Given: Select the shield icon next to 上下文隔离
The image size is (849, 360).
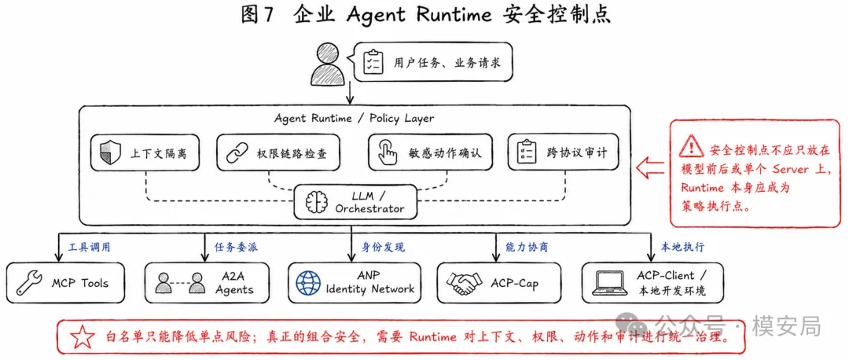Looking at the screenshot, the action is coord(108,153).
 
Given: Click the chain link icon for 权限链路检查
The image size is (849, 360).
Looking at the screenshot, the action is coord(236,153).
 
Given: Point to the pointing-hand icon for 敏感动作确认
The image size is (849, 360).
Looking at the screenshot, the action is coord(387,153).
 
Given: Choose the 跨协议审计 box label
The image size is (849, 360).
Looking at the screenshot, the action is coord(576,153).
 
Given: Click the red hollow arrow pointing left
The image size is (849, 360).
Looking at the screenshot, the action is coord(650,168).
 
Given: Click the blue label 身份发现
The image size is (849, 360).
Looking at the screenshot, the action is coord(383,248).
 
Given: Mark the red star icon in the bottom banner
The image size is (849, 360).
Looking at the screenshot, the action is coord(83,337).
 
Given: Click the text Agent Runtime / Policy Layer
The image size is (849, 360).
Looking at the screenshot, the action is coord(354,117).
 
